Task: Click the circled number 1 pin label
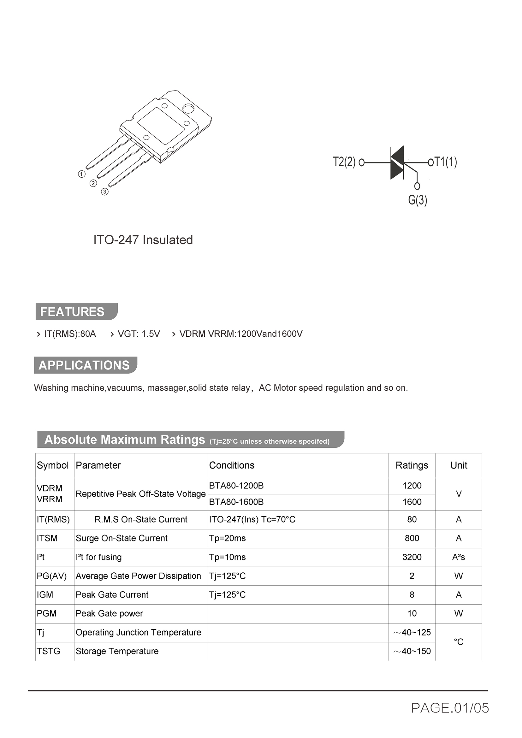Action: click(82, 174)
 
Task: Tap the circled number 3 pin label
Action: click(105, 192)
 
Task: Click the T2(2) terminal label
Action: click(344, 162)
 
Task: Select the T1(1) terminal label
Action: click(446, 162)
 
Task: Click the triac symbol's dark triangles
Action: click(397, 162)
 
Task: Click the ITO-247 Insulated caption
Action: click(143, 240)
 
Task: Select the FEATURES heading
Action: click(72, 312)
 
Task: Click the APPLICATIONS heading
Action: click(84, 365)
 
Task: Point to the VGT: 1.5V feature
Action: click(139, 334)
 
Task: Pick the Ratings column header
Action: click(412, 465)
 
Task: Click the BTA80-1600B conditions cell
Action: click(236, 502)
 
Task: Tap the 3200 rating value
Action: click(412, 557)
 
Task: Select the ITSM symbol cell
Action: click(47, 538)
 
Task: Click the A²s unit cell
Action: click(458, 557)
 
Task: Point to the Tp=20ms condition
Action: click(227, 538)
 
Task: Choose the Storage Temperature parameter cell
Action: click(117, 651)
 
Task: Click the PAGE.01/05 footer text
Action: click(450, 708)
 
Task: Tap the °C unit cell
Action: click(458, 642)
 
